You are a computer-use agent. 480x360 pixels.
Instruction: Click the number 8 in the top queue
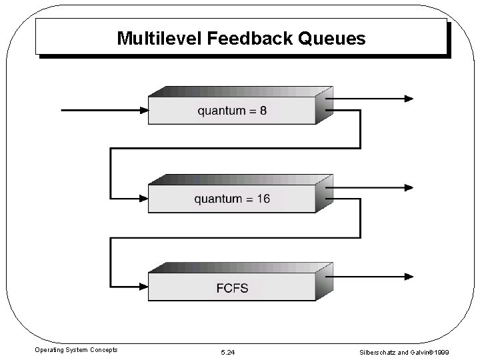(263, 111)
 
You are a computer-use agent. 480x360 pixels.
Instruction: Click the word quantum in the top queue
(222, 111)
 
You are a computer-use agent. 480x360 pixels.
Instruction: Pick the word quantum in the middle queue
(219, 199)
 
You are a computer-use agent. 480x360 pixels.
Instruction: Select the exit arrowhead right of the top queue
(407, 99)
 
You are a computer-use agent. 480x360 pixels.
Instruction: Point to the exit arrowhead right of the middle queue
(407, 186)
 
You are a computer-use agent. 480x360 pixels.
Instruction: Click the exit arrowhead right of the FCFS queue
(407, 275)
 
